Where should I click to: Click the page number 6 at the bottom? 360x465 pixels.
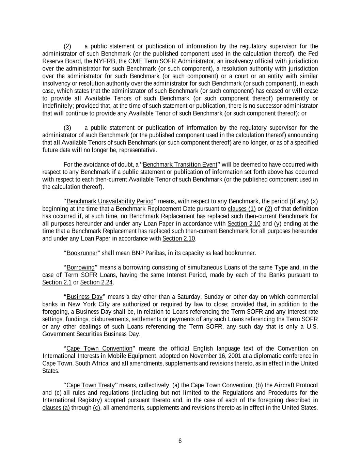180,441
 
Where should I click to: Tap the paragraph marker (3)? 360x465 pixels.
67,128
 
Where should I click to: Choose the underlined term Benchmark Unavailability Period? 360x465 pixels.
110,201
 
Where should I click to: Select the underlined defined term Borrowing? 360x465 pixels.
80,267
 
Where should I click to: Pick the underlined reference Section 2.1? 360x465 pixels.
57,282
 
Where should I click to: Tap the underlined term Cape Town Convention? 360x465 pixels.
99,348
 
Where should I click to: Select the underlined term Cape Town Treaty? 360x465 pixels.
90,385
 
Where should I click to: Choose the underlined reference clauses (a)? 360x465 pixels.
56,408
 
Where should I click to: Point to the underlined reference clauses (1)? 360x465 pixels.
241,208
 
